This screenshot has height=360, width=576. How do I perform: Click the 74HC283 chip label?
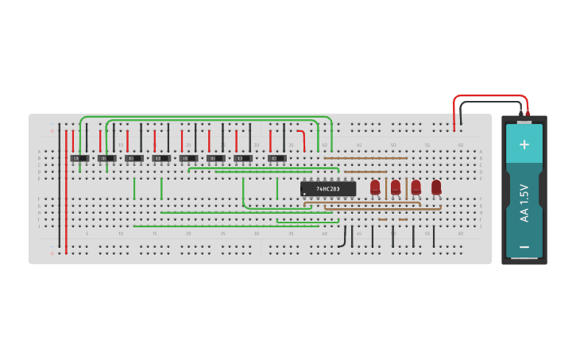coord(328,188)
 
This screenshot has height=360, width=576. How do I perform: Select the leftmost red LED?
coord(375,187)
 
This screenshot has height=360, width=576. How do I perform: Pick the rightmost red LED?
coord(436,187)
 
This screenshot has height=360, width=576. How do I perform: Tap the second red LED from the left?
coord(396,187)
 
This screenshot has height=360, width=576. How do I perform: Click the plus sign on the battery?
coord(524,144)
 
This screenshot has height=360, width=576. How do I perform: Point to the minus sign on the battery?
coord(524,247)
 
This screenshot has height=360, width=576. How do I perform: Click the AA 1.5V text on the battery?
coord(524,203)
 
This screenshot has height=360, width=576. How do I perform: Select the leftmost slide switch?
coord(79,158)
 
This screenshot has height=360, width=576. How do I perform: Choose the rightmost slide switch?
coord(276,158)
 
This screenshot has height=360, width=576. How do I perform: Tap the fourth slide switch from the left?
coord(161,158)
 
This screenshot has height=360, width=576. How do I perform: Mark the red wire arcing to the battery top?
coord(489,96)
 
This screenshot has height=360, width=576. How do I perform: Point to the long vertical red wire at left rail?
coord(66,191)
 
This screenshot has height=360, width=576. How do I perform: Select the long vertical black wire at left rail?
coord(59,191)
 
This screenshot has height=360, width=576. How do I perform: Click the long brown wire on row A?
coord(365,158)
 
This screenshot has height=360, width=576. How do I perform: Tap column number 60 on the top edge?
coord(461,145)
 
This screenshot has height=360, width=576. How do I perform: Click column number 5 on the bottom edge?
coord(87,234)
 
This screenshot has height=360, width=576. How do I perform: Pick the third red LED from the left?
coord(416,187)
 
